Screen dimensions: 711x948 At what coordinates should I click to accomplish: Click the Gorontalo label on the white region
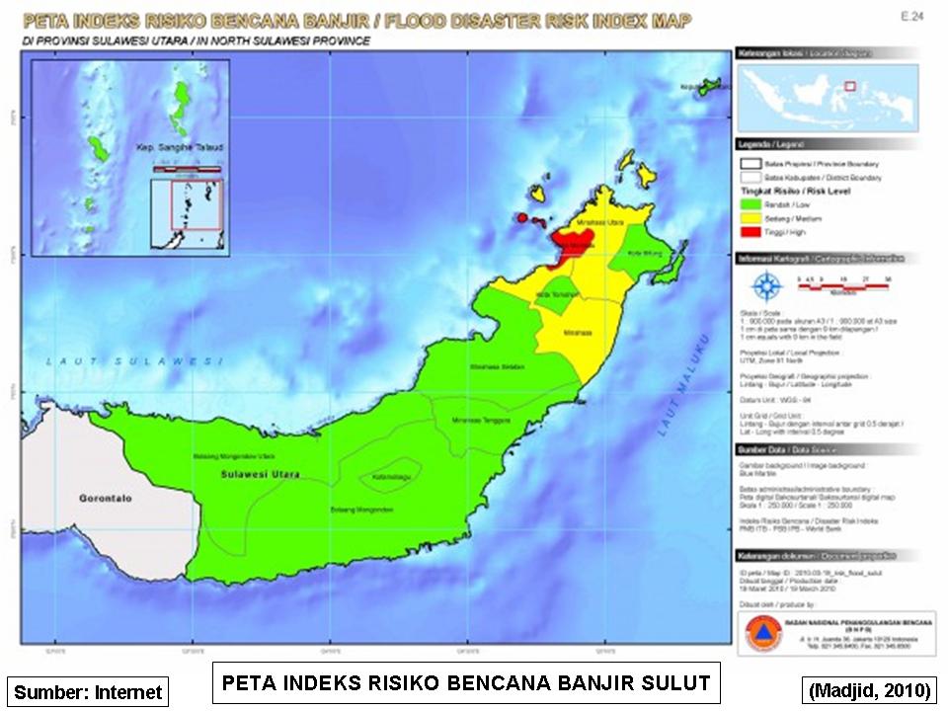coord(105,499)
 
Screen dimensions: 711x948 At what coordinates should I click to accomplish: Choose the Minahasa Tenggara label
coord(477,419)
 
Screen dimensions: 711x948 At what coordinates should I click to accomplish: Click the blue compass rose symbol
coord(766,285)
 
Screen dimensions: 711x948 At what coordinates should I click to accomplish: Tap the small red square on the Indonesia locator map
coord(849,86)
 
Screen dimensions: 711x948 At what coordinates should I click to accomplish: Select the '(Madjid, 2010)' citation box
coord(869,690)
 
